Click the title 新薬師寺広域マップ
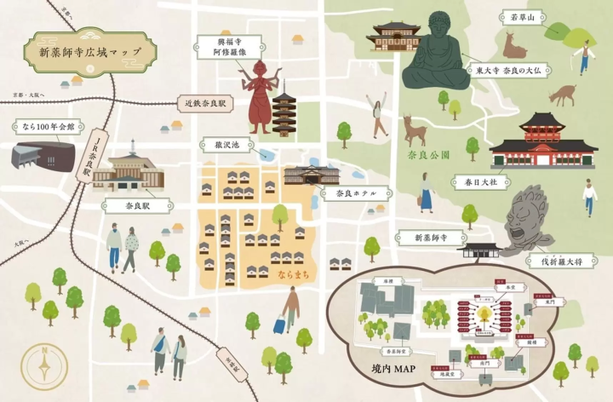coord(90,52)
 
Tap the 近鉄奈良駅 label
coord(204,104)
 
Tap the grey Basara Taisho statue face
coord(528,220)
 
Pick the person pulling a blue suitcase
coord(288,310)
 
